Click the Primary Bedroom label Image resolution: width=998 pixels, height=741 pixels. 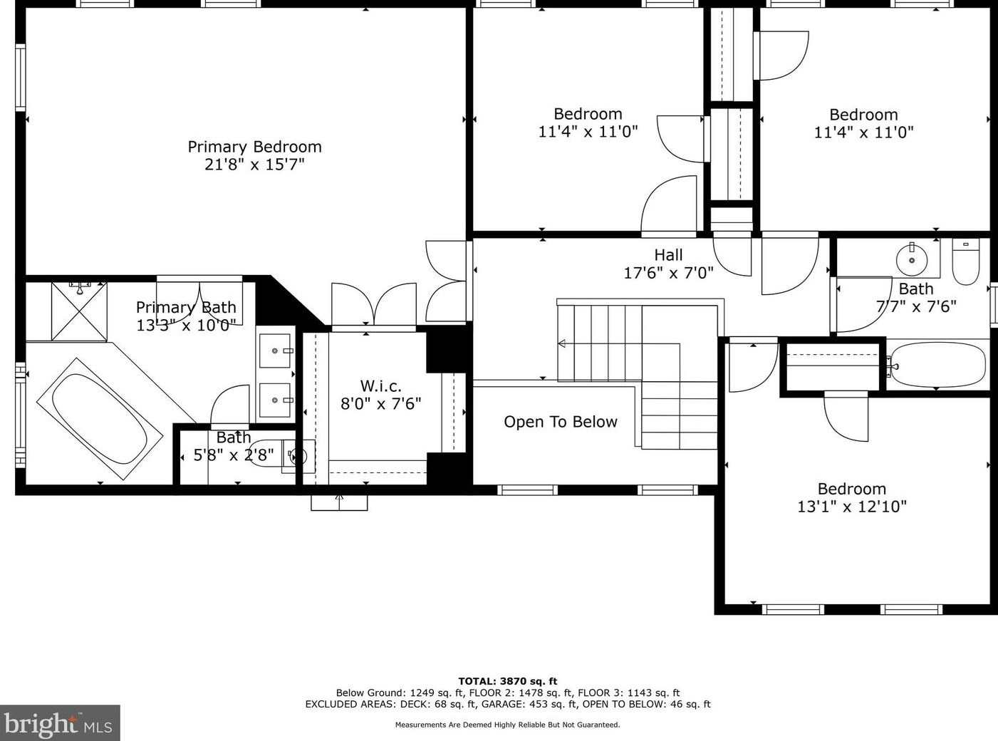point(255,147)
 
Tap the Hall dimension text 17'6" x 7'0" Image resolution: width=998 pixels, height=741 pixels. point(668,273)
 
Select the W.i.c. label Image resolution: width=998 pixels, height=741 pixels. point(380,385)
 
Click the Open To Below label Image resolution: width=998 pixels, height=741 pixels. point(560,422)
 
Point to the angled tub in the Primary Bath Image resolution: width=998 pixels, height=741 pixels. point(100,419)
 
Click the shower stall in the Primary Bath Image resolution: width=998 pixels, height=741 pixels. point(79,311)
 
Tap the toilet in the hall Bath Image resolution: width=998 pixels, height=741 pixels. point(966,261)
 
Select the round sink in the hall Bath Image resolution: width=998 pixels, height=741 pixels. point(912,260)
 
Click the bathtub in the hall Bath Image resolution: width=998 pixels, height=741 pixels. point(939,365)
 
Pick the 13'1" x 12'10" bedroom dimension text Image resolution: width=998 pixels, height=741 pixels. point(852,507)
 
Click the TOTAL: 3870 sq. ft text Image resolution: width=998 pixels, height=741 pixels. point(508,681)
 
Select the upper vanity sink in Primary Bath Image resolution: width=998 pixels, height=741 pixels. point(275,351)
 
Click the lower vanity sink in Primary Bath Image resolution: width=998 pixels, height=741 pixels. point(275,400)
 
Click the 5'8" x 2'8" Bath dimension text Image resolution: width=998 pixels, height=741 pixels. point(233,455)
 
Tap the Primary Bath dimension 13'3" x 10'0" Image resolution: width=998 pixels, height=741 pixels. point(187,325)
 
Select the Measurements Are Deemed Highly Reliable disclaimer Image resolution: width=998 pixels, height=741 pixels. point(508,725)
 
